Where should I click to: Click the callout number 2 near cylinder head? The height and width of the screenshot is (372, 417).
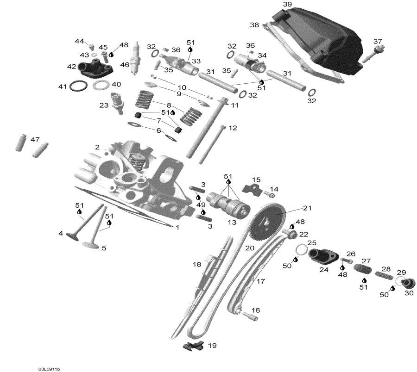click(x=97, y=147)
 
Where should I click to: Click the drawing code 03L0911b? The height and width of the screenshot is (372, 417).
click(x=50, y=369)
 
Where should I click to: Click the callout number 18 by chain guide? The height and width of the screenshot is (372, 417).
click(x=197, y=264)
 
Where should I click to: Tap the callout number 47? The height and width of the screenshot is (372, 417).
click(x=35, y=139)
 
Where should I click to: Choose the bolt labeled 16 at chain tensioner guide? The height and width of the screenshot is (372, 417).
click(x=248, y=316)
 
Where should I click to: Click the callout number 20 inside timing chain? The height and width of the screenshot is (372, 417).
click(x=250, y=248)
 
